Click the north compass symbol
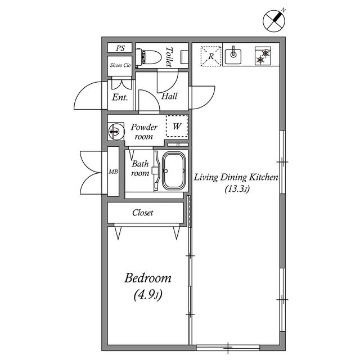[275, 21]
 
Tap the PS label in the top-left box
[120, 48]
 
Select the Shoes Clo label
[120, 65]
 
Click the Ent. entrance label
[120, 97]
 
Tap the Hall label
[169, 96]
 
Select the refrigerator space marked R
[211, 56]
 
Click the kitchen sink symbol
[233, 55]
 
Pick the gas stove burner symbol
[263, 56]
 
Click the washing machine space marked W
[177, 127]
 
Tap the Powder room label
[144, 132]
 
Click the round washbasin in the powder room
[115, 132]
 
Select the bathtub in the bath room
[174, 171]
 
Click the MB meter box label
[112, 171]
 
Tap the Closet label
[143, 213]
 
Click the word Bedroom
[148, 278]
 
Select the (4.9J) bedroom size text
[148, 294]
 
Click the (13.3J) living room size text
[236, 190]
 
